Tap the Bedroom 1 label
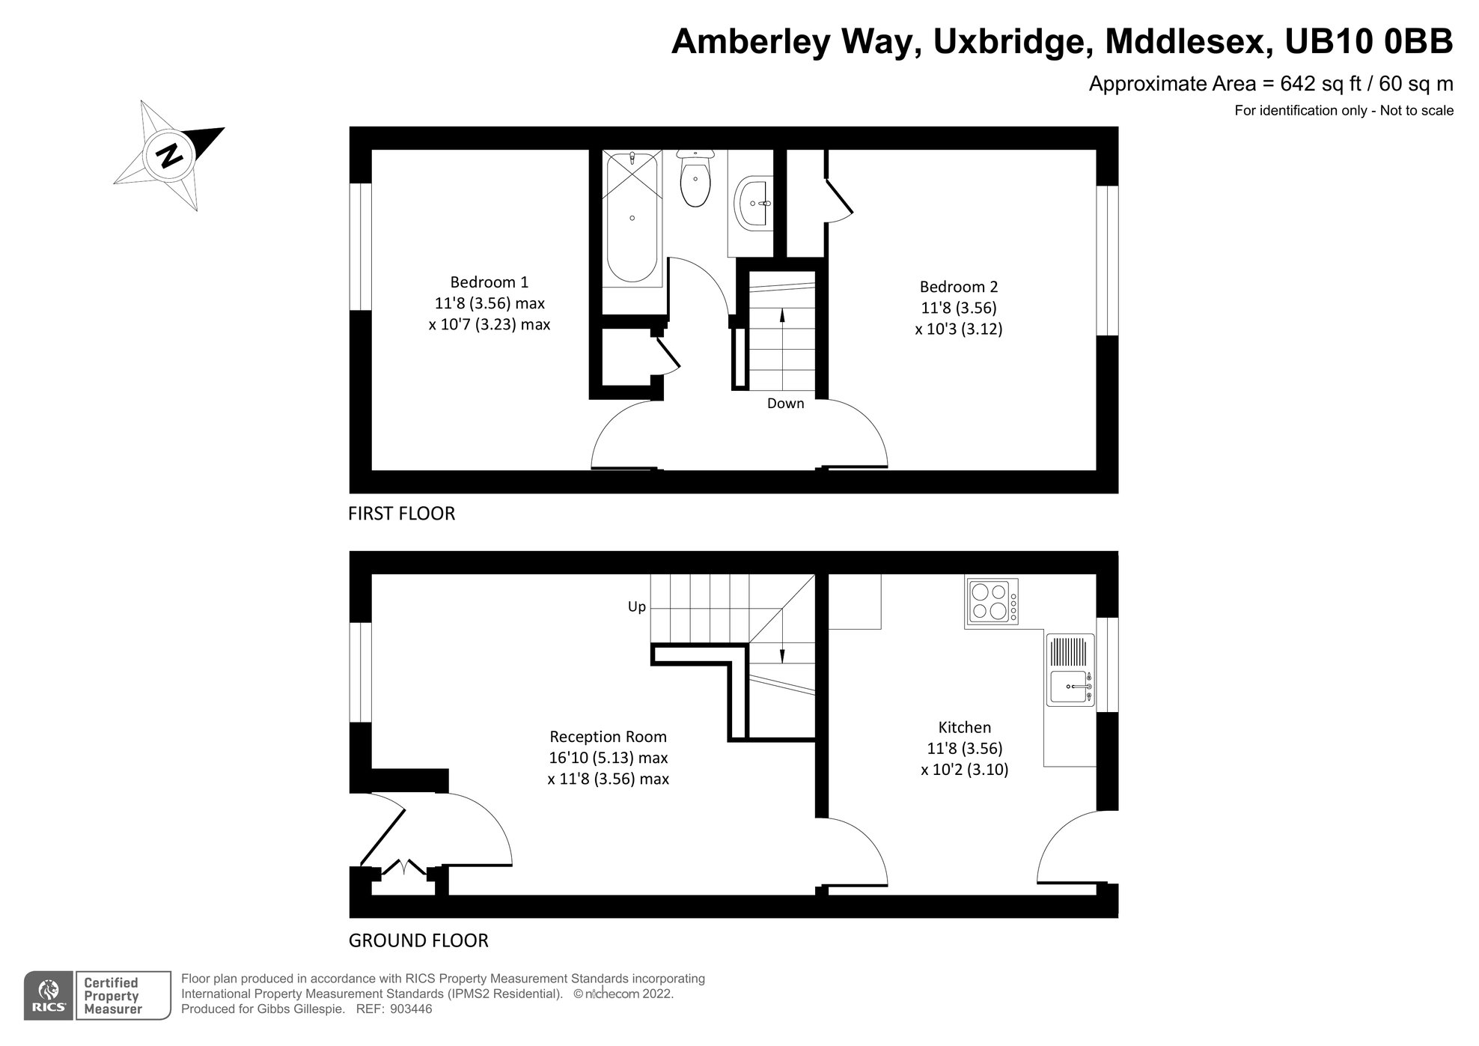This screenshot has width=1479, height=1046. coord(489,282)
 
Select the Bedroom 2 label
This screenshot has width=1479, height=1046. coord(958,287)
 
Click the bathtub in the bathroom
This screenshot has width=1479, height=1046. coord(632,217)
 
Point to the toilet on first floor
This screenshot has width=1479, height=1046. coord(696,180)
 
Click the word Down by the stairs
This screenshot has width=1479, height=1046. coord(785,404)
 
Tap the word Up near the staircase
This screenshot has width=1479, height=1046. coord(636,606)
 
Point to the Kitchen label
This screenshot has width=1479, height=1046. coord(964,727)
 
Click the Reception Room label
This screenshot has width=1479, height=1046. coord(608,736)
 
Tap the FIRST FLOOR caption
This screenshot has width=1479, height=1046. coord(401,514)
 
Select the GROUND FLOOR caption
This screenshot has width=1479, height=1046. coord(418,940)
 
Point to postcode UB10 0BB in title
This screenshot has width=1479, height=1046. coord(1368,42)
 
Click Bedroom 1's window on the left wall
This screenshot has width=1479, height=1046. coord(361,246)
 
